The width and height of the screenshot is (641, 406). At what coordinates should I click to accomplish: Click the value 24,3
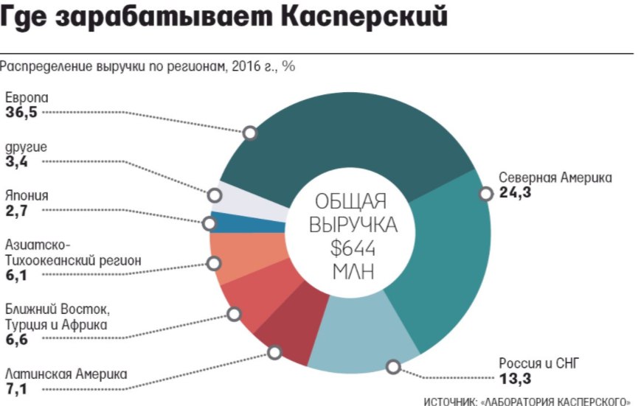pyautogui.click(x=515, y=194)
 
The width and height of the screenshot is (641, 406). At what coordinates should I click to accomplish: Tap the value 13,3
pyautogui.click(x=515, y=379)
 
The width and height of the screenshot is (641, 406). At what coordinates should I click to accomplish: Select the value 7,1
pyautogui.click(x=18, y=388)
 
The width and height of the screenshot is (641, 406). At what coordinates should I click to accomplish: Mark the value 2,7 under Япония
pyautogui.click(x=16, y=210)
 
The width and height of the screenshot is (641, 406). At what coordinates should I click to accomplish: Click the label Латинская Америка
pyautogui.click(x=66, y=374)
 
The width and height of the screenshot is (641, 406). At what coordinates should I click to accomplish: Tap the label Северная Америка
pyautogui.click(x=555, y=178)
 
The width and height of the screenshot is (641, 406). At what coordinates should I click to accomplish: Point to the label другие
pyautogui.click(x=26, y=147)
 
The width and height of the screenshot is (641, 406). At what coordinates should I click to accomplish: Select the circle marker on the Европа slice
pyautogui.click(x=250, y=133)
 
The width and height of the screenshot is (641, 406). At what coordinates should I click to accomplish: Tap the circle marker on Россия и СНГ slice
pyautogui.click(x=393, y=365)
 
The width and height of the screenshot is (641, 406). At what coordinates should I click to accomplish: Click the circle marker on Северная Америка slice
pyautogui.click(x=485, y=194)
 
